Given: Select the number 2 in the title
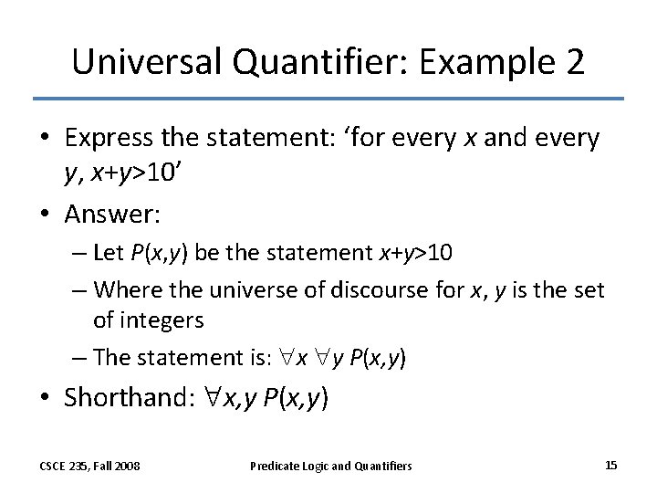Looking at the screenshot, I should [x=572, y=61].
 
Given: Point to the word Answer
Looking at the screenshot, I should [x=111, y=215].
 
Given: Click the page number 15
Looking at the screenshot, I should [x=610, y=466].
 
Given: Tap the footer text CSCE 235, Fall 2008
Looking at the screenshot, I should [x=89, y=467].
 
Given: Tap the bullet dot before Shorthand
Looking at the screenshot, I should [x=47, y=398].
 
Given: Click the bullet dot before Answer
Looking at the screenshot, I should [x=47, y=216].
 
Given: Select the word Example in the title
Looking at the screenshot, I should [x=471, y=61].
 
